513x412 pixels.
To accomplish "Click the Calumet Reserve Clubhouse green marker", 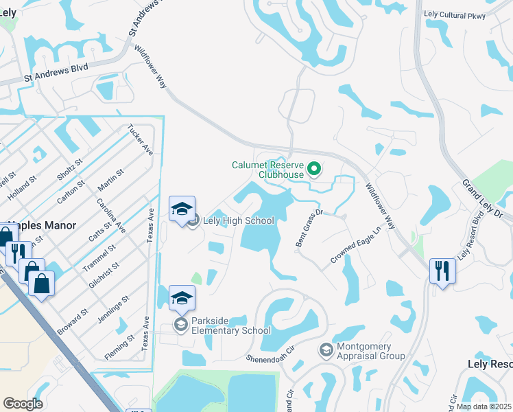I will click(x=314, y=168).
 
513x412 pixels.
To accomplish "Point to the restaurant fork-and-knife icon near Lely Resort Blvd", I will click(x=442, y=270).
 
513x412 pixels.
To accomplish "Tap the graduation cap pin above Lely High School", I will click(x=182, y=209).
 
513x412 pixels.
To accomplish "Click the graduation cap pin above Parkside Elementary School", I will click(x=182, y=298).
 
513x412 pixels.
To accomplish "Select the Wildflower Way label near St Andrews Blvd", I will click(x=151, y=67).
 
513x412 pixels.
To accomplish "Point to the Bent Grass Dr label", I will click(x=309, y=229).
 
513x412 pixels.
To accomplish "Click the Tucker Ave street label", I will click(x=140, y=139).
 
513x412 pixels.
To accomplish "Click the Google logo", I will click(x=23, y=404).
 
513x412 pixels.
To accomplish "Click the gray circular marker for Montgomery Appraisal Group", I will click(x=325, y=351).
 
